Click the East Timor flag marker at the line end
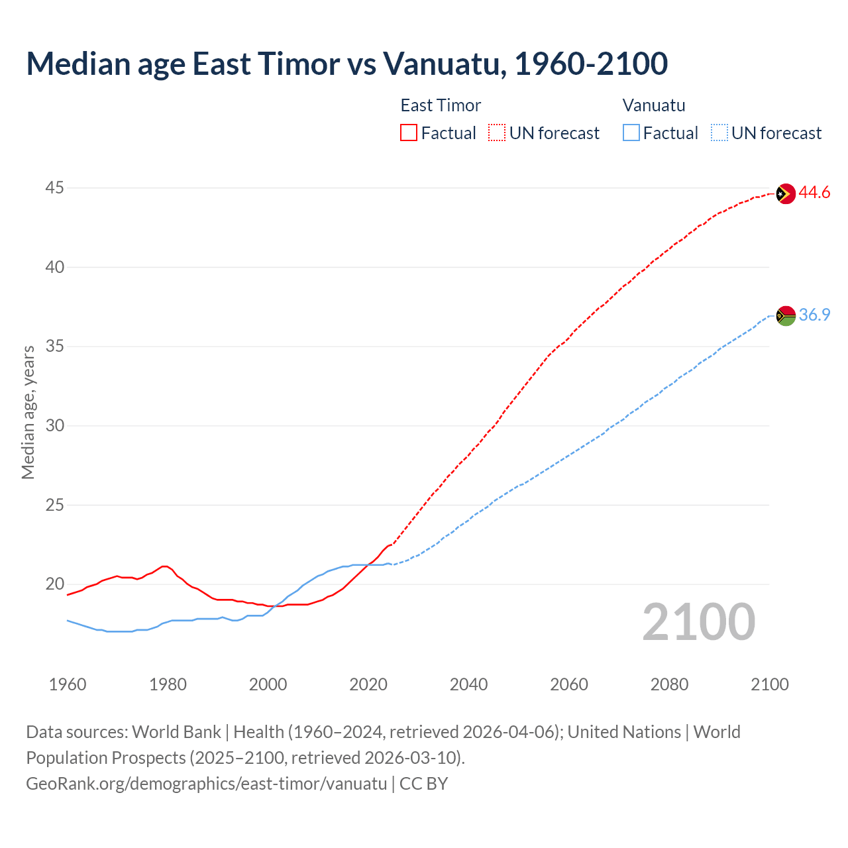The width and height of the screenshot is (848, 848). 785,193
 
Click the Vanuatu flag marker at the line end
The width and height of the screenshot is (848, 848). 785,315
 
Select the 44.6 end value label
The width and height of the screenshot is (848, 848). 814,193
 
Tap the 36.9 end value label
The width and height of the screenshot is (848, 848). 814,315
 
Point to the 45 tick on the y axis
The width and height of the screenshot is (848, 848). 54,188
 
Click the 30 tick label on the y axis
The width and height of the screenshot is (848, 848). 54,425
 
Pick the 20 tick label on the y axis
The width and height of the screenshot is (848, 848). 54,584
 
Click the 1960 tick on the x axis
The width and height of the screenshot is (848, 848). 68,684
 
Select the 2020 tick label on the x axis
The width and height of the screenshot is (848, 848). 368,684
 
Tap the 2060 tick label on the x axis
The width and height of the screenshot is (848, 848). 569,684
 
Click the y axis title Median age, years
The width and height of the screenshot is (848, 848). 28,412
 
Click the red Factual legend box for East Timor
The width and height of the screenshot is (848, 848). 409,132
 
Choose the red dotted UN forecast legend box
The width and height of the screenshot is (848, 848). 497,132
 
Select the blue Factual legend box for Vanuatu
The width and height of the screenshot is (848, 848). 631,132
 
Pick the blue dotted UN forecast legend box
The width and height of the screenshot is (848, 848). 719,132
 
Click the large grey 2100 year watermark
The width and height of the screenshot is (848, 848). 698,622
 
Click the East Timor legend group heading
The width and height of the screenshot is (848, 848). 441,105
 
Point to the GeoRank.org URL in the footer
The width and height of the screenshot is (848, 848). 206,784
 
